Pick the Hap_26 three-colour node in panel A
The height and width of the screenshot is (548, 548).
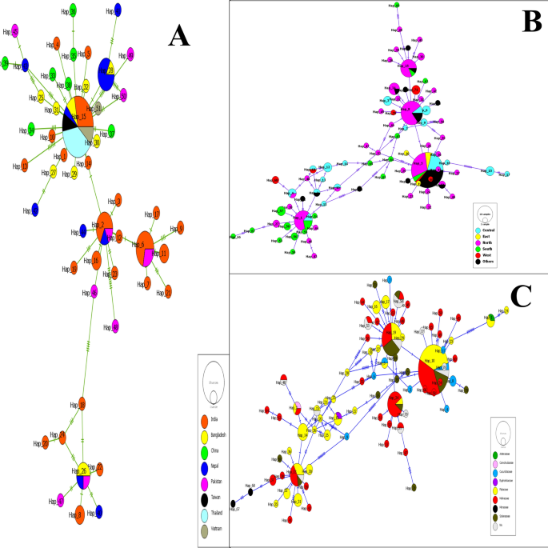point(83,473)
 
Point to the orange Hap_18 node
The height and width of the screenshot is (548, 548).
point(82,405)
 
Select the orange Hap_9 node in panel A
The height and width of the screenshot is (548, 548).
point(180,229)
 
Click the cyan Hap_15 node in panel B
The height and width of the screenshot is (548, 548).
point(490,172)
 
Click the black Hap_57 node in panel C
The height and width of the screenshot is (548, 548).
point(233,504)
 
